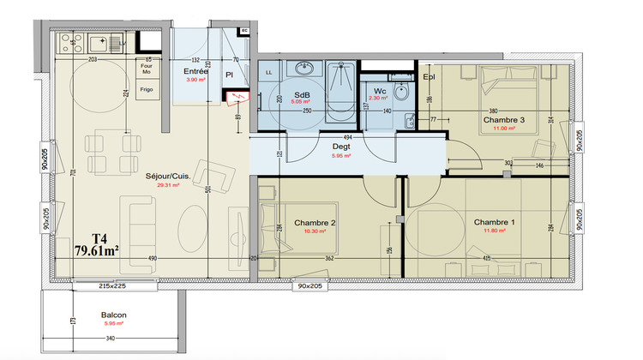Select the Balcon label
113,315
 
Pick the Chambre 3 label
503,119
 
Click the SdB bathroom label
302,93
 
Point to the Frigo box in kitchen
147,87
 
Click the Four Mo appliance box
147,67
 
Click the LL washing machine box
269,73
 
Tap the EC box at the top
243,31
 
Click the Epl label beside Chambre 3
429,76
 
